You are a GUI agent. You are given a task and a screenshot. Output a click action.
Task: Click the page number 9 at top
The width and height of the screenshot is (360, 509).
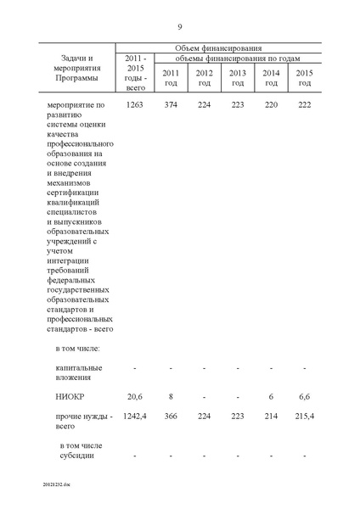point(180,26)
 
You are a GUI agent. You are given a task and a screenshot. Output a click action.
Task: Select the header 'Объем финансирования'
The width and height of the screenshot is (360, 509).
point(218,48)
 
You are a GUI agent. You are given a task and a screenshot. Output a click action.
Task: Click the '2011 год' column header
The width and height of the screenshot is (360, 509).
point(170,77)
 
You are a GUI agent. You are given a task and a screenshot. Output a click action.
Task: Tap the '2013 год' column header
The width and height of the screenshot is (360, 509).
point(237,77)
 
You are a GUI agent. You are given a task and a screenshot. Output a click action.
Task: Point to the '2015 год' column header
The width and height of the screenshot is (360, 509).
point(304,77)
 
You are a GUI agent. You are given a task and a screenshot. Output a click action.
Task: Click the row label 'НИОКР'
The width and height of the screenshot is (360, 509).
point(69,396)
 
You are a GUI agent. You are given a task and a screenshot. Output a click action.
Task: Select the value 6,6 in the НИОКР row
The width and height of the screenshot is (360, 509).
point(304,396)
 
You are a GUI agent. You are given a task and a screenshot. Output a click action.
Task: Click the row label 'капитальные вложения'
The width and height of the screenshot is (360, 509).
point(79,372)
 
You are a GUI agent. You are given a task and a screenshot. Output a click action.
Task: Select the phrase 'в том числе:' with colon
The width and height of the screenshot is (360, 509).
point(78,348)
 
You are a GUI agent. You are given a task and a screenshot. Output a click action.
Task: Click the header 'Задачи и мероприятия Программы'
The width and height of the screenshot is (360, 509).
point(74,68)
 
